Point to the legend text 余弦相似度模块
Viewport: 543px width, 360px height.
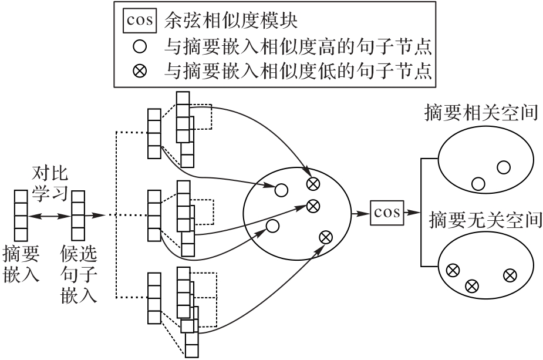231,22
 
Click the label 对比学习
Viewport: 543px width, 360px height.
50,183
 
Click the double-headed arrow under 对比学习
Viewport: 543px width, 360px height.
50,216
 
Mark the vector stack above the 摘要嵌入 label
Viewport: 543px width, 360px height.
21,216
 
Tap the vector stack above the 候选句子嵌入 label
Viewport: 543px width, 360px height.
79,216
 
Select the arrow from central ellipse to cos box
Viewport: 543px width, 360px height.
359,213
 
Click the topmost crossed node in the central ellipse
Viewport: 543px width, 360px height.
313,184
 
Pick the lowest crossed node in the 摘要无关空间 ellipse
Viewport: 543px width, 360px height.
471,286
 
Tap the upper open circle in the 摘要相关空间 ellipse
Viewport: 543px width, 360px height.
503,167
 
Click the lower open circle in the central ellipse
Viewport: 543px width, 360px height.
272,226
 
